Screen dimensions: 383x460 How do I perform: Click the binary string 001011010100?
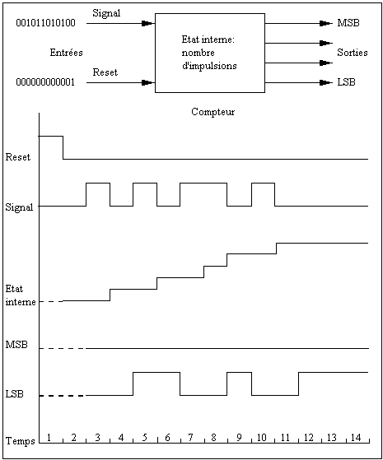pyautogui.click(x=45, y=23)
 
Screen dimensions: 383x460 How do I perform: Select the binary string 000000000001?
pyautogui.click(x=45, y=82)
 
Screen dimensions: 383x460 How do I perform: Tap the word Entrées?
pyautogui.click(x=67, y=53)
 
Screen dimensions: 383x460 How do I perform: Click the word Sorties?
pyautogui.click(x=353, y=53)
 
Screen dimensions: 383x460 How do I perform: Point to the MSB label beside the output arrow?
pyautogui.click(x=348, y=23)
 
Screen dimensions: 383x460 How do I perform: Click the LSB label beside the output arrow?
pyautogui.click(x=346, y=82)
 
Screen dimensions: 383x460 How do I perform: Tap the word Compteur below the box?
pyautogui.click(x=213, y=112)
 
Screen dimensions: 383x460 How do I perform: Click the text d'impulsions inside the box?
pyautogui.click(x=209, y=66)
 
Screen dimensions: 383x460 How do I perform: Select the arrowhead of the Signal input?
pyautogui.click(x=147, y=24)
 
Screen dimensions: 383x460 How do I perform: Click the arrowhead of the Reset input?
pyautogui.click(x=147, y=83)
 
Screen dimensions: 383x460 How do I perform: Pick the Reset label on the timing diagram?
pyautogui.click(x=18, y=157)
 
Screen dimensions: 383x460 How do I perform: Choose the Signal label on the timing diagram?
pyautogui.click(x=19, y=207)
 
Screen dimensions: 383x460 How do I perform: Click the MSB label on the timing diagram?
pyautogui.click(x=16, y=345)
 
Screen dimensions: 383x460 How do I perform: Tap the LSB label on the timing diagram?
pyautogui.click(x=14, y=394)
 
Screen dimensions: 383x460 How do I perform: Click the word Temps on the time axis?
pyautogui.click(x=21, y=440)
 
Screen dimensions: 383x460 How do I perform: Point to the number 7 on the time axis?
pyautogui.click(x=190, y=438)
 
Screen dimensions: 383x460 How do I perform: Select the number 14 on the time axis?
pyautogui.click(x=355, y=438)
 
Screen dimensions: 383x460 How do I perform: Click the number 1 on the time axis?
pyautogui.click(x=49, y=438)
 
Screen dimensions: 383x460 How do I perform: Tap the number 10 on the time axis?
pyautogui.click(x=261, y=438)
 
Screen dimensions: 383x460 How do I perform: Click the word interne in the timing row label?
pyautogui.click(x=21, y=302)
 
